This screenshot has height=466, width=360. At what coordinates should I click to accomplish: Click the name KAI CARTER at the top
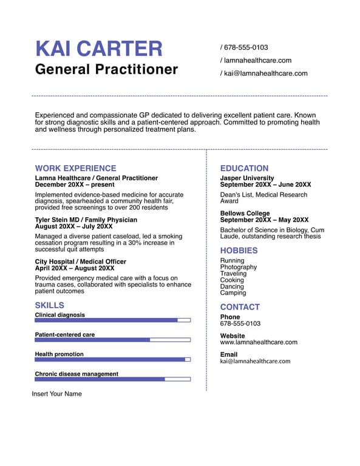pos(99,49)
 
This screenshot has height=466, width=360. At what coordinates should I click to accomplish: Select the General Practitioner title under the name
pos(106,69)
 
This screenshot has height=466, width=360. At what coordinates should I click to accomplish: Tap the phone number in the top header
pos(246,47)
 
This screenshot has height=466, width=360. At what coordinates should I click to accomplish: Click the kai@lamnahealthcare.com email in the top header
pos(265,73)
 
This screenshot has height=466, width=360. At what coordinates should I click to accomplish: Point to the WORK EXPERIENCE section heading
pos(75,168)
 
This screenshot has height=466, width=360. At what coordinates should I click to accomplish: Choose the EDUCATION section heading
pos(244,168)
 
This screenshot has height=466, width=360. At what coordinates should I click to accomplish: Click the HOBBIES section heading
pos(239,251)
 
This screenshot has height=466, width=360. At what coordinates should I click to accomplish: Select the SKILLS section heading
pos(49,305)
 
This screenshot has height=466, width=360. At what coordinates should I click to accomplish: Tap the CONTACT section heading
pos(240,307)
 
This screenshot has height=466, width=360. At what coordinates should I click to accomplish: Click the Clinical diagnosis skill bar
pos(113,320)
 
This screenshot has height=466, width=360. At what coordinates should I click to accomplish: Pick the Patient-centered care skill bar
pos(113,340)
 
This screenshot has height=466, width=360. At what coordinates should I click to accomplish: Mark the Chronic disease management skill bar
pos(113,379)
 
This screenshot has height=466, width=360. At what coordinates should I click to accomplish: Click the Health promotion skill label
pos(59,354)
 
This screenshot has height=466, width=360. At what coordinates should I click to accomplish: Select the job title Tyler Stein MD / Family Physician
pos(86,220)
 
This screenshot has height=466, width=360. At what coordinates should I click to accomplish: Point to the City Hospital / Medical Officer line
pos(81,262)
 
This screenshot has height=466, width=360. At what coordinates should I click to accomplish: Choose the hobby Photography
pos(239,267)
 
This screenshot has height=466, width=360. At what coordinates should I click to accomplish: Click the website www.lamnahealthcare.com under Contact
pos(259,342)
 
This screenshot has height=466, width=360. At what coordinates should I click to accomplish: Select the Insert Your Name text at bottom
pos(56,394)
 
